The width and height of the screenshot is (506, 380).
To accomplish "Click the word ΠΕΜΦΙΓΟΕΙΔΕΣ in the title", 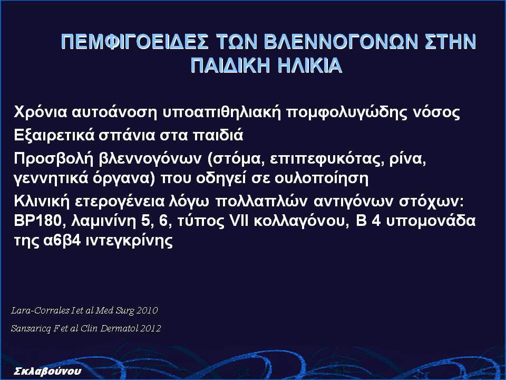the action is click(134, 42).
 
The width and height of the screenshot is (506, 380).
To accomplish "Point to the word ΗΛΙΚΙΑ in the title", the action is click(310, 65).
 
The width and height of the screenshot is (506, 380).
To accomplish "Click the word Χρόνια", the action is click(41, 112).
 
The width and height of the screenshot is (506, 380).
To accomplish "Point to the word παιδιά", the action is click(218, 135).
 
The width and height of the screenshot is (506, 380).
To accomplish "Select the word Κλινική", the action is click(42, 201).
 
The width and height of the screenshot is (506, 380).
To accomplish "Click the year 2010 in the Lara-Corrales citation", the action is click(147, 310).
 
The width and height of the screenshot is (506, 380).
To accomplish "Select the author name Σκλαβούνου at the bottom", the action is click(48, 371).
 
